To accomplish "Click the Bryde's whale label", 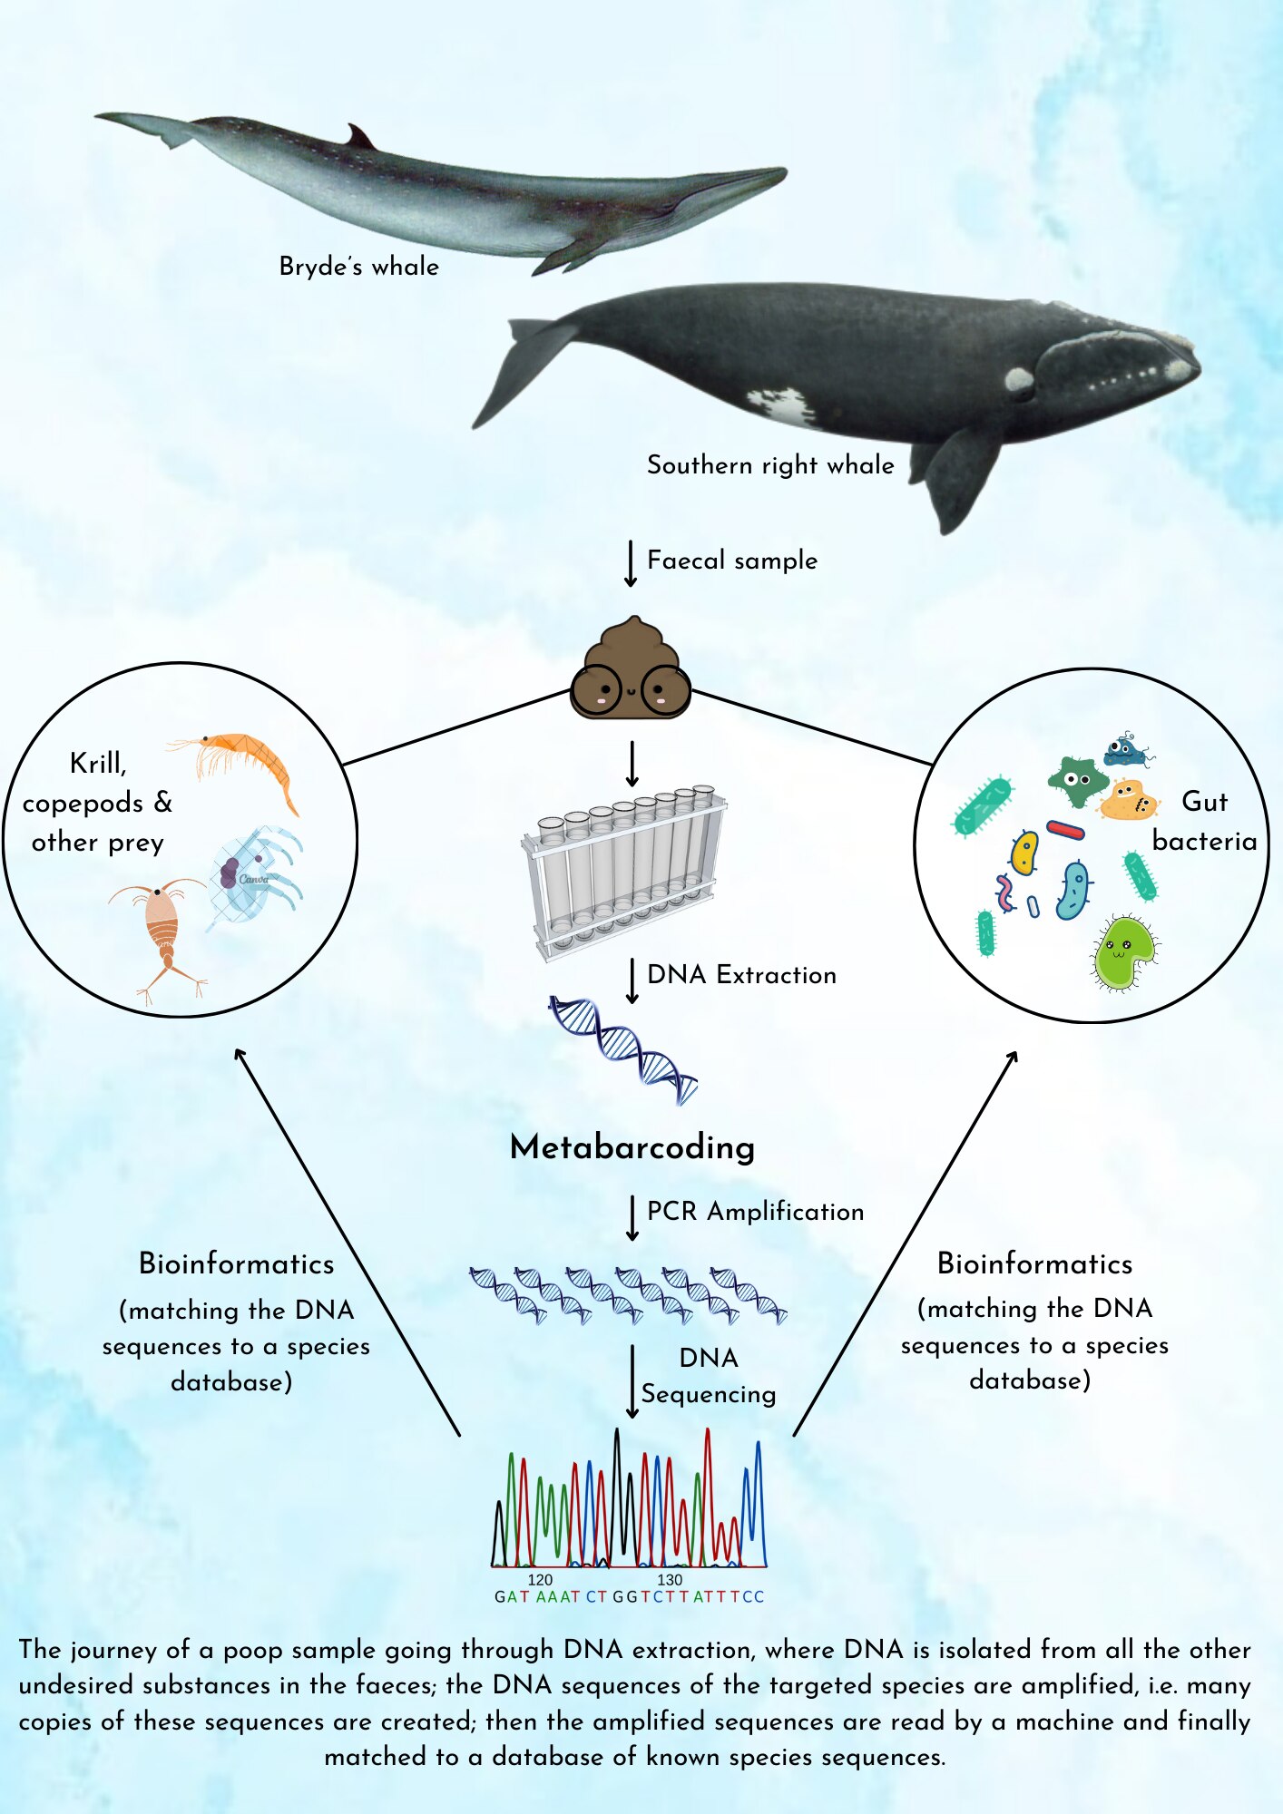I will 358,267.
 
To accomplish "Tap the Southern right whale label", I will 769,465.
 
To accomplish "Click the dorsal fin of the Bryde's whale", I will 361,137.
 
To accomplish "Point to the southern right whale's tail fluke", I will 522,363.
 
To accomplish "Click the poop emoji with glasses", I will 631,671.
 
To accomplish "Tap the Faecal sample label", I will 731,561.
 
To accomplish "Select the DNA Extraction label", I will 741,975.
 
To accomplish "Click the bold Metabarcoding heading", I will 632,1147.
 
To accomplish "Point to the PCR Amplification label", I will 755,1212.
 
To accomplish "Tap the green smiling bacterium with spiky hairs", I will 1125,952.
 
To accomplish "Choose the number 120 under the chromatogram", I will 540,1580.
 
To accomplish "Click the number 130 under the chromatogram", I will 670,1580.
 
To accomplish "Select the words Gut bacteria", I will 1204,822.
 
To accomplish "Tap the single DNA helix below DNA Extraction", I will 623,1050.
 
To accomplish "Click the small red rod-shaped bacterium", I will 1065,829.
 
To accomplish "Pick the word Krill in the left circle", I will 98,764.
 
